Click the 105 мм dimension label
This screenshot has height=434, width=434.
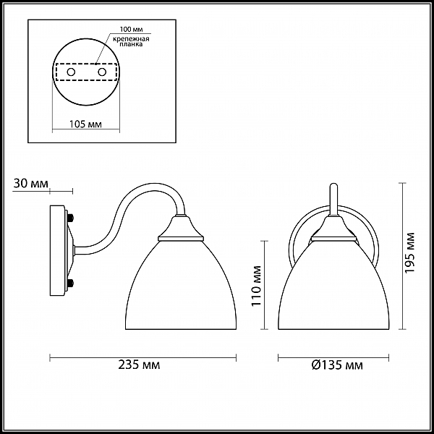click(85, 124)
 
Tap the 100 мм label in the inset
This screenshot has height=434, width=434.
click(132, 30)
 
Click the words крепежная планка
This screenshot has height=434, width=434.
click(131, 41)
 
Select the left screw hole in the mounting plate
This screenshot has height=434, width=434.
click(71, 72)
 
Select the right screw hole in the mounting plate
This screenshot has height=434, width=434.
click(102, 72)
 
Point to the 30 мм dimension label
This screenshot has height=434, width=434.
click(30, 184)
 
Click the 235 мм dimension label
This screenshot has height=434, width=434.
click(139, 365)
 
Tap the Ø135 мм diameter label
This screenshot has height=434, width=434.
click(337, 365)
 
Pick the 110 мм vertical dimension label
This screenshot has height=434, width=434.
click(257, 286)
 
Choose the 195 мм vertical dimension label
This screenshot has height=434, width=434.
click(410, 252)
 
